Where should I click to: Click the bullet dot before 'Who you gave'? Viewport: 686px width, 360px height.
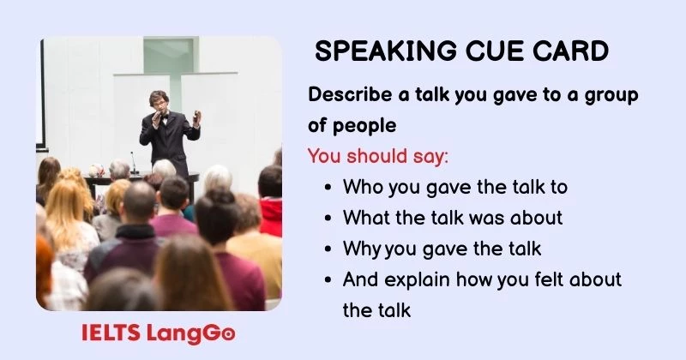[329, 188]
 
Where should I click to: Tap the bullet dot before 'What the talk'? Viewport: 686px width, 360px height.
[329, 219]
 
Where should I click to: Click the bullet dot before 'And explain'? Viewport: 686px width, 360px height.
[329, 280]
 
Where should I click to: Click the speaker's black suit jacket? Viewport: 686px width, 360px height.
[169, 137]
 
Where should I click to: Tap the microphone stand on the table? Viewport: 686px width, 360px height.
[133, 165]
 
